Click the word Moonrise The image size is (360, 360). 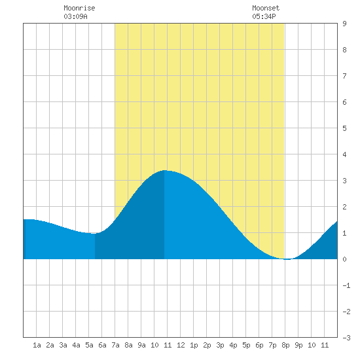click(x=79, y=8)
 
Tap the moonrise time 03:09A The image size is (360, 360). click(x=75, y=16)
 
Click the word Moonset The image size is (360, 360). click(x=266, y=8)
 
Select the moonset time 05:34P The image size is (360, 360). click(x=264, y=16)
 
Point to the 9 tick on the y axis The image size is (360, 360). click(x=344, y=24)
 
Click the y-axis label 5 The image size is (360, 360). click(x=344, y=128)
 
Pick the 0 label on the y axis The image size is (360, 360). click(x=344, y=259)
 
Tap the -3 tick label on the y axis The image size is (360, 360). click(x=346, y=338)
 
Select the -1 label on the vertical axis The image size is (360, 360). click(x=346, y=285)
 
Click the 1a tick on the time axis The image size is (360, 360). click(x=37, y=345)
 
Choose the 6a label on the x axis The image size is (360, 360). click(x=102, y=345)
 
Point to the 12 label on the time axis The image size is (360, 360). click(x=181, y=345)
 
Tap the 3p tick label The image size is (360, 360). click(x=220, y=345)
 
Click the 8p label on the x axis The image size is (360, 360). click(x=285, y=345)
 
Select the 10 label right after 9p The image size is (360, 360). click(x=312, y=345)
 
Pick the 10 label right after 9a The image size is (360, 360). click(x=154, y=345)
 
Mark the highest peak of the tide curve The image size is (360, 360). click(x=164, y=170)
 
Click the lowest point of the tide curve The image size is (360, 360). click(x=287, y=259)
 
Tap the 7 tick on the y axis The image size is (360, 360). click(x=344, y=76)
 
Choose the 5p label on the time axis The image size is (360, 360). click(x=246, y=345)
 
